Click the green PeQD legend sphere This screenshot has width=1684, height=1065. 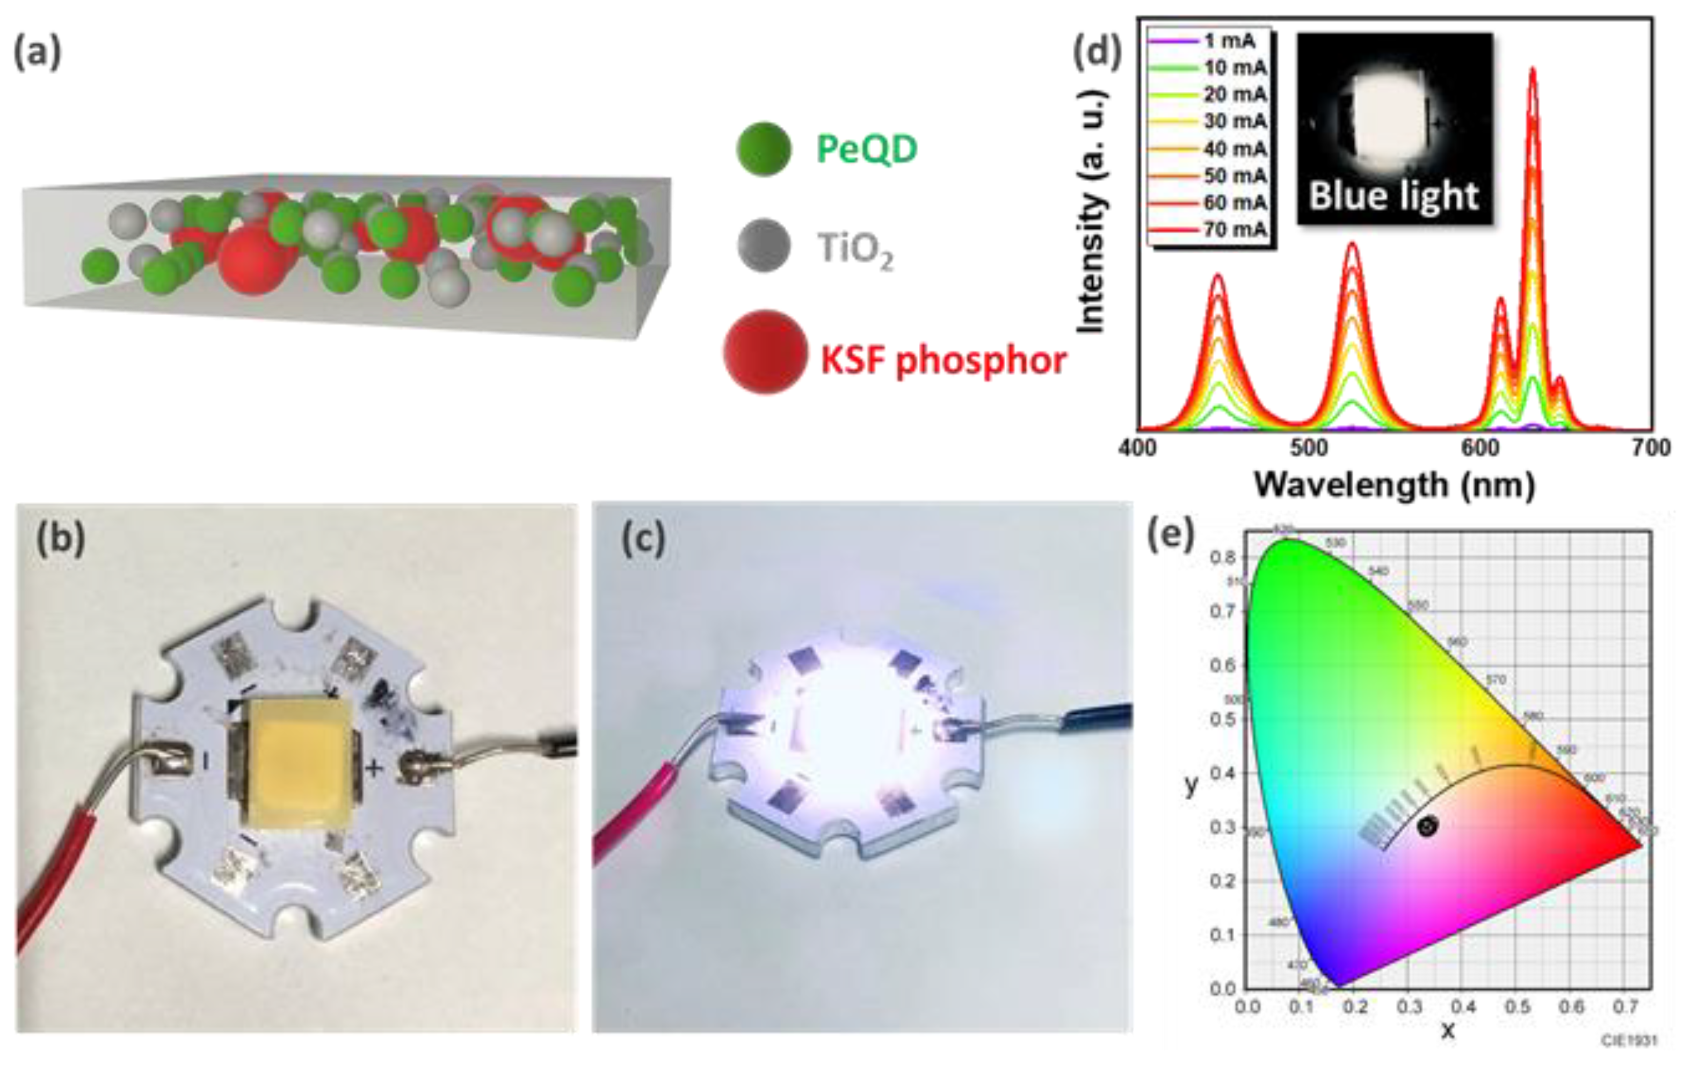764,149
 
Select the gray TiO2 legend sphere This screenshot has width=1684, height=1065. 764,246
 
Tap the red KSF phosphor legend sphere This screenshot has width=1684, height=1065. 766,352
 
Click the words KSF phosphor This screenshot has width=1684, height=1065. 943,361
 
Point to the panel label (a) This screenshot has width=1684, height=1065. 37,53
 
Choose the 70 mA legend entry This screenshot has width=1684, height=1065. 1235,229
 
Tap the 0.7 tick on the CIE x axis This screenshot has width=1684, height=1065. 1629,1008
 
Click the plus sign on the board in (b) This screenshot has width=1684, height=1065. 375,769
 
